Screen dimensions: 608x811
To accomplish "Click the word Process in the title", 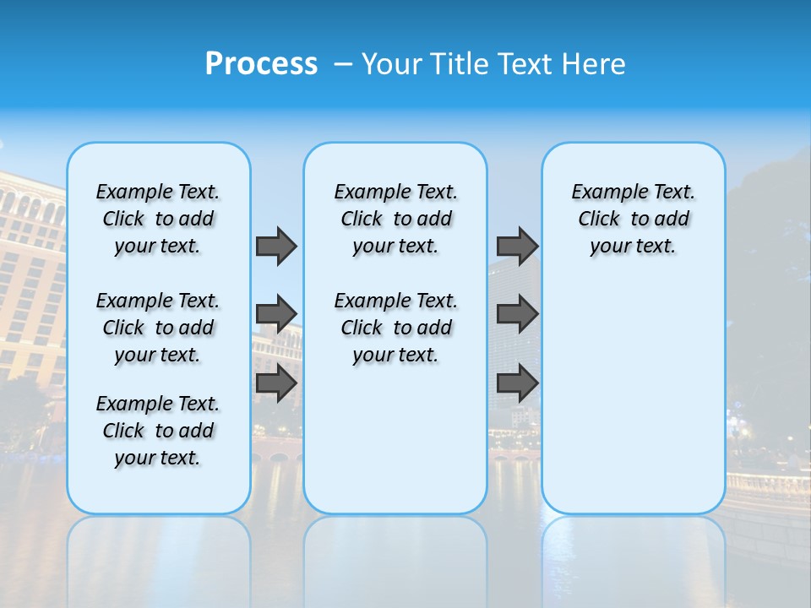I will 261,64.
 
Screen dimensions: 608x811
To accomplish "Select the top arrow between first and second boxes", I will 276,246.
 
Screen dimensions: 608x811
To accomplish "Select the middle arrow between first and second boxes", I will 276,314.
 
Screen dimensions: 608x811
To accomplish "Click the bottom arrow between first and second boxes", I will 276,383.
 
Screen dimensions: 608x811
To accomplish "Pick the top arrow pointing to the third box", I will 517,246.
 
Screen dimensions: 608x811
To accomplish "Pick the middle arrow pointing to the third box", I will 517,314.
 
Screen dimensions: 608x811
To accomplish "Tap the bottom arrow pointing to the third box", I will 517,383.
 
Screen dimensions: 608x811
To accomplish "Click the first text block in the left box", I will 158,219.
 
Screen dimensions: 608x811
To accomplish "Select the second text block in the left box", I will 158,328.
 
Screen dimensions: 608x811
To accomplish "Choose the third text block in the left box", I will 158,431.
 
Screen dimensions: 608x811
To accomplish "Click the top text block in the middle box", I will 395,219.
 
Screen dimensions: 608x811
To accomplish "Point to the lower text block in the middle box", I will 395,328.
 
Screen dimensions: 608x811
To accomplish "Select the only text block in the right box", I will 633,219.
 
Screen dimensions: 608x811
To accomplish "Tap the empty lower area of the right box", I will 633,405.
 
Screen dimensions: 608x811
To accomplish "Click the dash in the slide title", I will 342,64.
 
